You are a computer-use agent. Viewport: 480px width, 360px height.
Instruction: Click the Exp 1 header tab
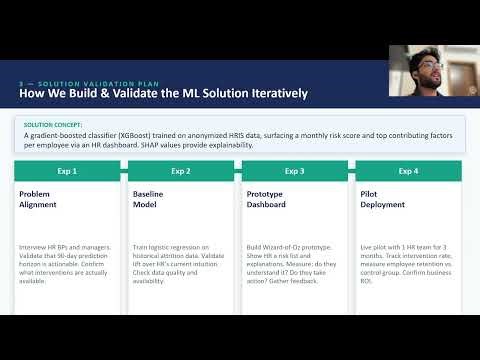pos(68,171)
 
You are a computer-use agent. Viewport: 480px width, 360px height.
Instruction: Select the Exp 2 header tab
pos(181,171)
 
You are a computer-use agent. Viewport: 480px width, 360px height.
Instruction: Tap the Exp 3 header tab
pos(294,171)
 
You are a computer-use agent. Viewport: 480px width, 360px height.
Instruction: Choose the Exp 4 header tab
pos(408,171)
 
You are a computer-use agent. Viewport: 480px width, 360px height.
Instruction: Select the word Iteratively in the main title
pos(268,94)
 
